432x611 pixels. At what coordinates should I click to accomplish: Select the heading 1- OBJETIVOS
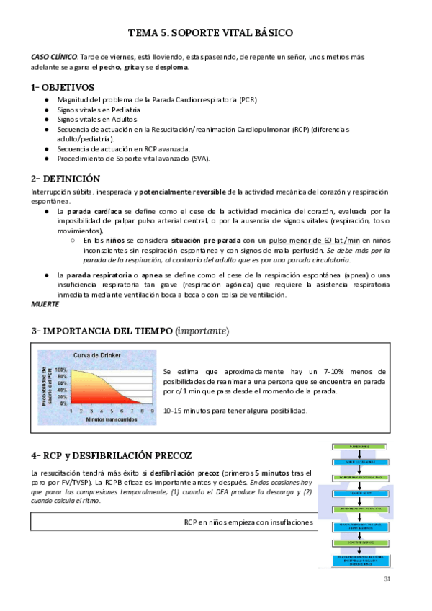coord(63,87)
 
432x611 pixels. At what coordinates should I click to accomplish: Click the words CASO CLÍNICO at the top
coord(54,57)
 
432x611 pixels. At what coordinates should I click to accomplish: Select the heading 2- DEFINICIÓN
coord(66,178)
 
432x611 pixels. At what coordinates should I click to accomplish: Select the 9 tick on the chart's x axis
coord(151,409)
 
